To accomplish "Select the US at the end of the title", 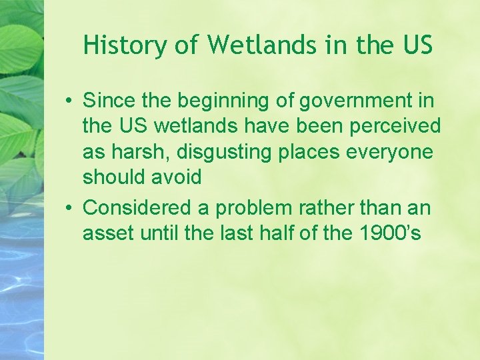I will (417, 45).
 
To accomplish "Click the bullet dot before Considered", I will (69, 209).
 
